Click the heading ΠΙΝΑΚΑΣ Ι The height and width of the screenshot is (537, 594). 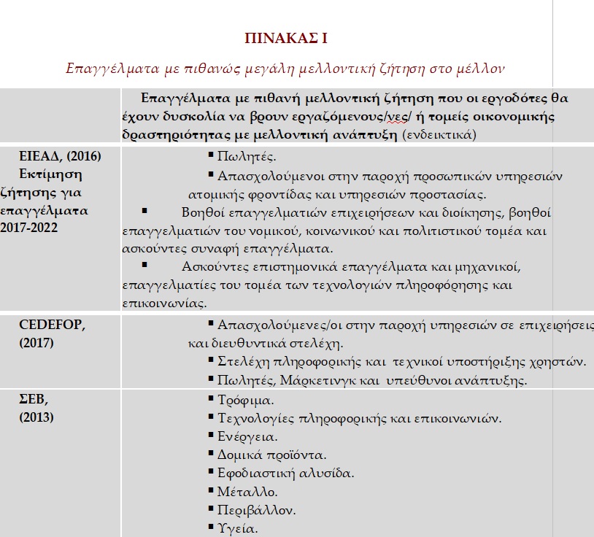290,39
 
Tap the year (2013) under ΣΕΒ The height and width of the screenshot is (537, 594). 36,417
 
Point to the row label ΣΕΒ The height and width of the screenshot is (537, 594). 31,400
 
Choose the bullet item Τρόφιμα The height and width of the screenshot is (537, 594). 245,401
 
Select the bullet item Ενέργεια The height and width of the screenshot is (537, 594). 247,437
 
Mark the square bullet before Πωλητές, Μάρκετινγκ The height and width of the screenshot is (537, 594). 211,379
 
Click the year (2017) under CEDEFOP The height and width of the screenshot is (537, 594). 36,342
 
